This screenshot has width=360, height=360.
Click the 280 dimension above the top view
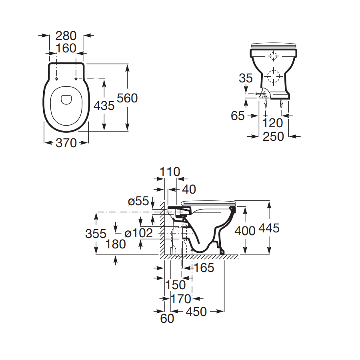pyautogui.click(x=66, y=36)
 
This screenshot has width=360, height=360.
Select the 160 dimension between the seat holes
pyautogui.click(x=66, y=48)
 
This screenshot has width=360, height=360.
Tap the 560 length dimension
pyautogui.click(x=127, y=98)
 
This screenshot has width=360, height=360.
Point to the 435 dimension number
pyautogui.click(x=104, y=106)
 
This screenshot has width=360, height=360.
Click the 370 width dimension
pyautogui.click(x=66, y=143)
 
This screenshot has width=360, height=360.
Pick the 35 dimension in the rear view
pyautogui.click(x=246, y=78)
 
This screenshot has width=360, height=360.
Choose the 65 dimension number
pyautogui.click(x=238, y=116)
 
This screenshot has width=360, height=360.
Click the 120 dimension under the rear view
pyautogui.click(x=272, y=123)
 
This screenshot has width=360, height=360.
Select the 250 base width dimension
pyautogui.click(x=273, y=137)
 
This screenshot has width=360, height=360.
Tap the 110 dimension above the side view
pyautogui.click(x=170, y=172)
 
